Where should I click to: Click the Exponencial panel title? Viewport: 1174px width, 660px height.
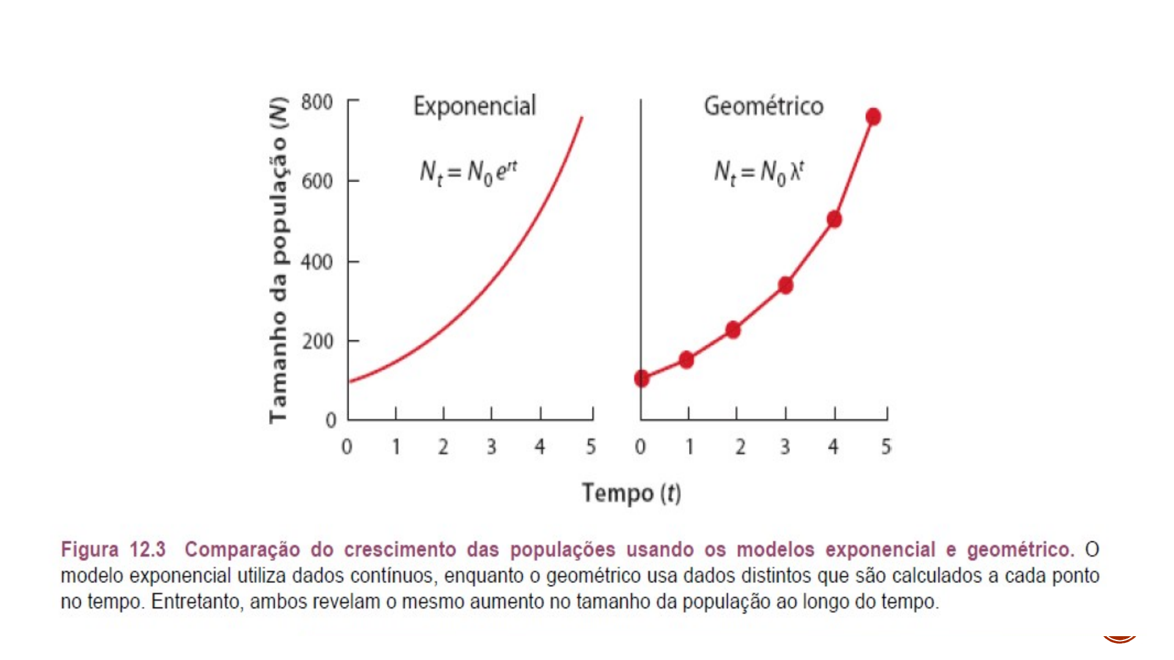(474, 106)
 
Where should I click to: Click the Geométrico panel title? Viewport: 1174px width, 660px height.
(763, 106)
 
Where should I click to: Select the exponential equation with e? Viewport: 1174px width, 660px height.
(468, 172)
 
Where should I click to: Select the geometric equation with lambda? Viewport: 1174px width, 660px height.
(759, 172)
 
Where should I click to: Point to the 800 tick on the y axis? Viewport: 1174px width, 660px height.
(317, 102)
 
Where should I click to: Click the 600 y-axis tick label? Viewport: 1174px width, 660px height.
(317, 182)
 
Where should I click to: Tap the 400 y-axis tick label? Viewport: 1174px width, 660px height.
(317, 262)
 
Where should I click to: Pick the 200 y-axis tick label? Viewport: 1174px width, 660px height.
(317, 341)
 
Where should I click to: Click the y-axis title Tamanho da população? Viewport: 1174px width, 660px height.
(278, 260)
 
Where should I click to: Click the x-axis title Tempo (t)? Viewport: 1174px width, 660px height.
(631, 493)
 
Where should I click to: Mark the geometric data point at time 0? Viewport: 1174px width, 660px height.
(641, 379)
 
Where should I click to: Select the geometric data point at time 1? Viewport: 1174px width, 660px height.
(687, 360)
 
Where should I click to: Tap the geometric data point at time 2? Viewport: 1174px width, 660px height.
(733, 330)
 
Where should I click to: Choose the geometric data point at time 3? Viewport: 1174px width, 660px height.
(786, 285)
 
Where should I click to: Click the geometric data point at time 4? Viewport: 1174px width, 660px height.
(834, 219)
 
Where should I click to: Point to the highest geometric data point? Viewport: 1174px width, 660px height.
(873, 117)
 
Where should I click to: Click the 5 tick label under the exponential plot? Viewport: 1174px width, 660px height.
(591, 447)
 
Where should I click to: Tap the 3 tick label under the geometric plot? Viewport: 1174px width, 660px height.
(785, 447)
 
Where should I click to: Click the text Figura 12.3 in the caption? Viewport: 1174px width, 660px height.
(113, 549)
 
